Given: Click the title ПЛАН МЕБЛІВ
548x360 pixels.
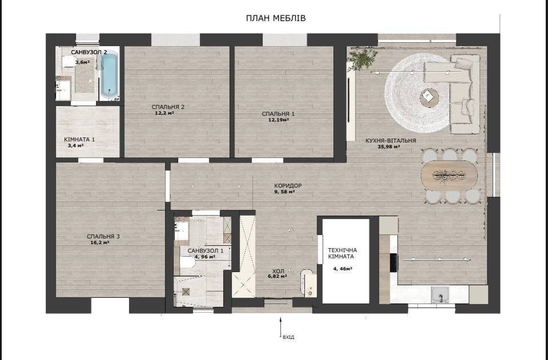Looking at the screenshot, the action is click(276, 18).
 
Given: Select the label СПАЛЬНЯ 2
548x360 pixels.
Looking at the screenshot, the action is click(168, 107).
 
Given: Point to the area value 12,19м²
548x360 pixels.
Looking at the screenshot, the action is click(278, 120).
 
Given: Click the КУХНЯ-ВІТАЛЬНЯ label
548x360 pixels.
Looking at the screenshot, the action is click(390, 141).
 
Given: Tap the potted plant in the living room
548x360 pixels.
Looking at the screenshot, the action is click(363, 59).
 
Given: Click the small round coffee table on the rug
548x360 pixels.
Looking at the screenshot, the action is click(429, 97).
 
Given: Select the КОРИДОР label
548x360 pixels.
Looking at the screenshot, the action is click(288, 186).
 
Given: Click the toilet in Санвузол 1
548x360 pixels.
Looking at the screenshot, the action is click(187, 262).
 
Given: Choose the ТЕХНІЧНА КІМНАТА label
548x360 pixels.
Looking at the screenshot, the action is click(342, 253).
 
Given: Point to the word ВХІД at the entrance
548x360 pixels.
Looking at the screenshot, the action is click(288, 337).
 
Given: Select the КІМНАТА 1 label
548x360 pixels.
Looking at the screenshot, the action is click(79, 140).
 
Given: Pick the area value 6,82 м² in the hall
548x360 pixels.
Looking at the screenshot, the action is click(277, 276).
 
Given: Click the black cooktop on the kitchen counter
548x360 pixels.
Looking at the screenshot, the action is click(393, 262).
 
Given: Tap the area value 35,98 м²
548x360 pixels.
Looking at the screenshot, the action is click(389, 147).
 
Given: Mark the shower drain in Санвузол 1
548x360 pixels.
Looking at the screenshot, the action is click(186, 292).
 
